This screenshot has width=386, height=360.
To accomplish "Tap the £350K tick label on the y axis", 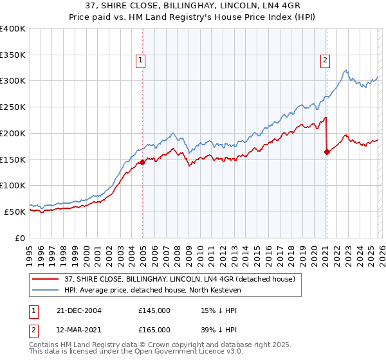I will [12, 55].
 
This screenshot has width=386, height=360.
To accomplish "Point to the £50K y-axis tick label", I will [14, 212].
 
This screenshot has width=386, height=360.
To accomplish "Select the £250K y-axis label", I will [12, 107].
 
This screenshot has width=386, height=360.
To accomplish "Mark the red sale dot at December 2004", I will [142, 163].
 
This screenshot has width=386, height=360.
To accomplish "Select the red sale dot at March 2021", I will [327, 152].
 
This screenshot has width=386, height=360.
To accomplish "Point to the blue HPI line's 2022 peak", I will [346, 70].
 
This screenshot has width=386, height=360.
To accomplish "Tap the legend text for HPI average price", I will [152, 291].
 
